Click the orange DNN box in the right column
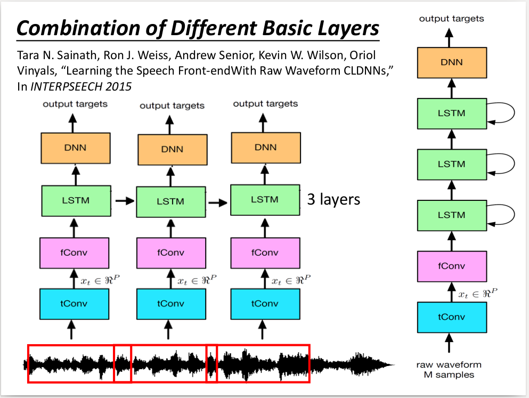451,62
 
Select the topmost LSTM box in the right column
451,113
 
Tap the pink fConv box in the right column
451,266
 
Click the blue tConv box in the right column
451,317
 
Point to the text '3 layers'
333,200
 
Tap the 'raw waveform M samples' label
449,370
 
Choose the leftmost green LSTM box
76,200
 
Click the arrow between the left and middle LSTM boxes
124,201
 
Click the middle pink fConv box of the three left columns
170,253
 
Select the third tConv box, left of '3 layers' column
264,304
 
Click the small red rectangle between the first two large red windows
123,363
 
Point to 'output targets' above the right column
451,19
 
